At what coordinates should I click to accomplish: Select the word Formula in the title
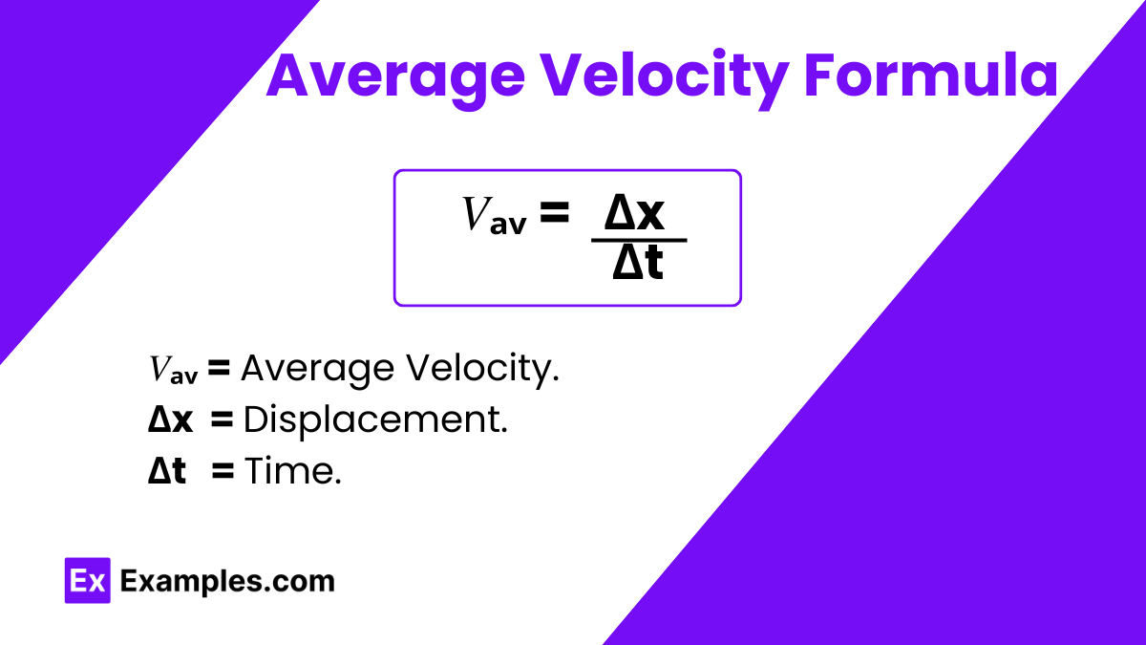[931, 75]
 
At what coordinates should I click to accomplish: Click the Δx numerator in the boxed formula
[634, 212]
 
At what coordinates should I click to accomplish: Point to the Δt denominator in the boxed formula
[638, 262]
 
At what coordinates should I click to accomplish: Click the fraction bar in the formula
[639, 240]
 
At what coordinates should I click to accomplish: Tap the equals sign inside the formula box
[555, 212]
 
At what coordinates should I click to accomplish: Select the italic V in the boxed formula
[477, 214]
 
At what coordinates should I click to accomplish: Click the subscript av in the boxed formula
[508, 225]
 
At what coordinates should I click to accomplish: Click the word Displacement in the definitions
[375, 419]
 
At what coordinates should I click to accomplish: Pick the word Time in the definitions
[292, 470]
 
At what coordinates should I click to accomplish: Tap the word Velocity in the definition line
[482, 369]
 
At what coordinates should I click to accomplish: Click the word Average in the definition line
[318, 369]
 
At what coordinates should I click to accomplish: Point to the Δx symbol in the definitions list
[170, 420]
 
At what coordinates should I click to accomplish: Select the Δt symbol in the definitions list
[167, 470]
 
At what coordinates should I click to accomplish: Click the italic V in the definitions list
[159, 368]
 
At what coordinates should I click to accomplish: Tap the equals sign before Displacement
[222, 419]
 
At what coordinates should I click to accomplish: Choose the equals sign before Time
[223, 470]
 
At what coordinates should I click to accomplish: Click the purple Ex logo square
[88, 581]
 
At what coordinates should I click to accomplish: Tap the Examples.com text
[227, 581]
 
